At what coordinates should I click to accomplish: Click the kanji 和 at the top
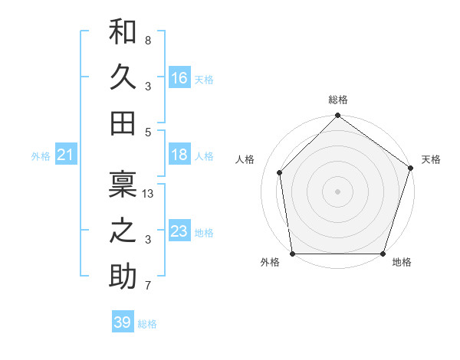point(123,32)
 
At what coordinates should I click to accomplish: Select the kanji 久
point(123,77)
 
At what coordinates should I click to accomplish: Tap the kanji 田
point(123,123)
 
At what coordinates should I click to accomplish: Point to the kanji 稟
point(123,184)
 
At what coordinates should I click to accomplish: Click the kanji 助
point(123,276)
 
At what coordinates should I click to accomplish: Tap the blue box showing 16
point(179,78)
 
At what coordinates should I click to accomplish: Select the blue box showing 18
point(179,155)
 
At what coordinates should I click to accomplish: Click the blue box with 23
point(179,231)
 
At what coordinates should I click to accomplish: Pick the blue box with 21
point(66,155)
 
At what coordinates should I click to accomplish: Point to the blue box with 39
point(122,322)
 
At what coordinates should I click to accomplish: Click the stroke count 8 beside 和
point(147,40)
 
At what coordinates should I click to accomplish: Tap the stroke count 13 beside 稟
point(149,194)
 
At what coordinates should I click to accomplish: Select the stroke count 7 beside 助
point(147,286)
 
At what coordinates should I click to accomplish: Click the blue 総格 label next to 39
point(147,324)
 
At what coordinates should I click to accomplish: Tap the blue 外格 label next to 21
point(41,156)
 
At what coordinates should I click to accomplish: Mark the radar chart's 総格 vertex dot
point(337,116)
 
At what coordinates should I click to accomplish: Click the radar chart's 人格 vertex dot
point(280,172)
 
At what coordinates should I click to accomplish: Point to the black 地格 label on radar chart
point(402,262)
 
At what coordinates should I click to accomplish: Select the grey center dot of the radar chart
point(337,191)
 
